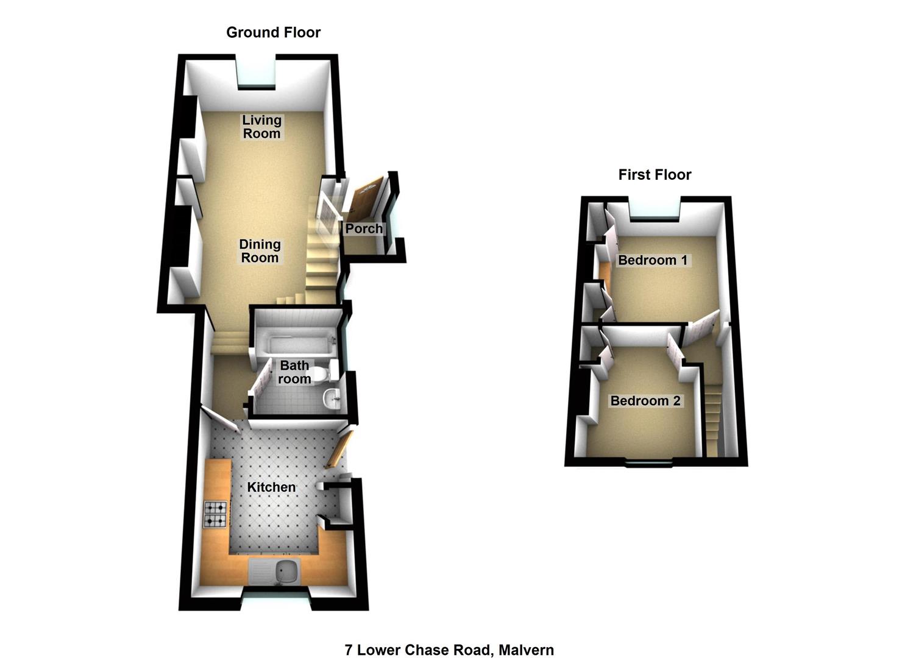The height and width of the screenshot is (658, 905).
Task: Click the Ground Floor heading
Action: [273, 32]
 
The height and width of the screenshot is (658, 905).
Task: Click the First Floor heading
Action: [655, 174]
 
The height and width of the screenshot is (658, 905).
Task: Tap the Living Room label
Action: [262, 127]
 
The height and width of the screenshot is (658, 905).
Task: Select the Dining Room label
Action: [260, 251]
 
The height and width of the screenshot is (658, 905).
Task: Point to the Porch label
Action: [364, 228]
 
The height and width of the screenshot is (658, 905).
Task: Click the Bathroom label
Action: [294, 372]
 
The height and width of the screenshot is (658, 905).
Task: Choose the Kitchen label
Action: [271, 487]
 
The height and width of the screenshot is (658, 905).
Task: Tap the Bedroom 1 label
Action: [653, 260]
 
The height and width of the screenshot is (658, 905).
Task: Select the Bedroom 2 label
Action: [645, 401]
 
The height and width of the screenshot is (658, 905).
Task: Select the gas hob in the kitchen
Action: [216, 514]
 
